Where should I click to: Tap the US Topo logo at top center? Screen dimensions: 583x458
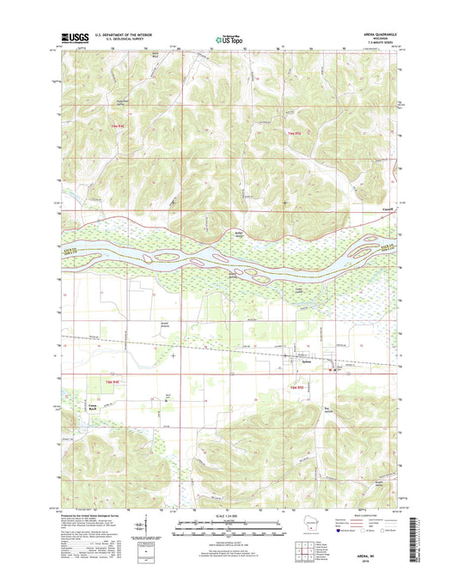coord(227,38)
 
